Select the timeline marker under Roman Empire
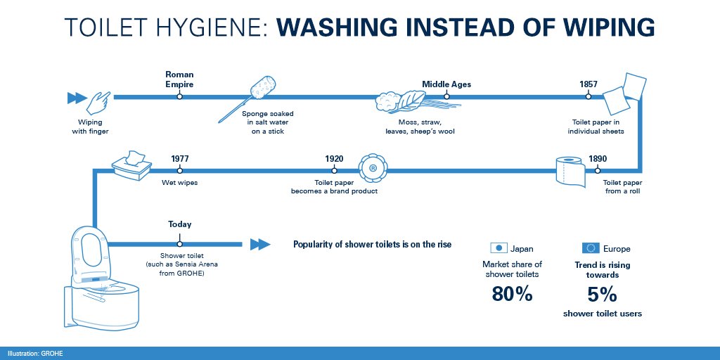pyautogui.click(x=179, y=96)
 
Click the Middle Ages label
pyautogui.click(x=446, y=84)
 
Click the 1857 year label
pyautogui.click(x=589, y=84)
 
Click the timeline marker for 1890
pyautogui.click(x=597, y=170)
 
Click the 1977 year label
pyautogui.click(x=180, y=158)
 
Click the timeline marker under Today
pyautogui.click(x=179, y=244)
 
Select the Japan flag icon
pyautogui.click(x=499, y=248)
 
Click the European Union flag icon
pyautogui.click(x=590, y=248)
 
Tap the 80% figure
pyautogui.click(x=513, y=294)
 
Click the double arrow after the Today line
pyautogui.click(x=260, y=244)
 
